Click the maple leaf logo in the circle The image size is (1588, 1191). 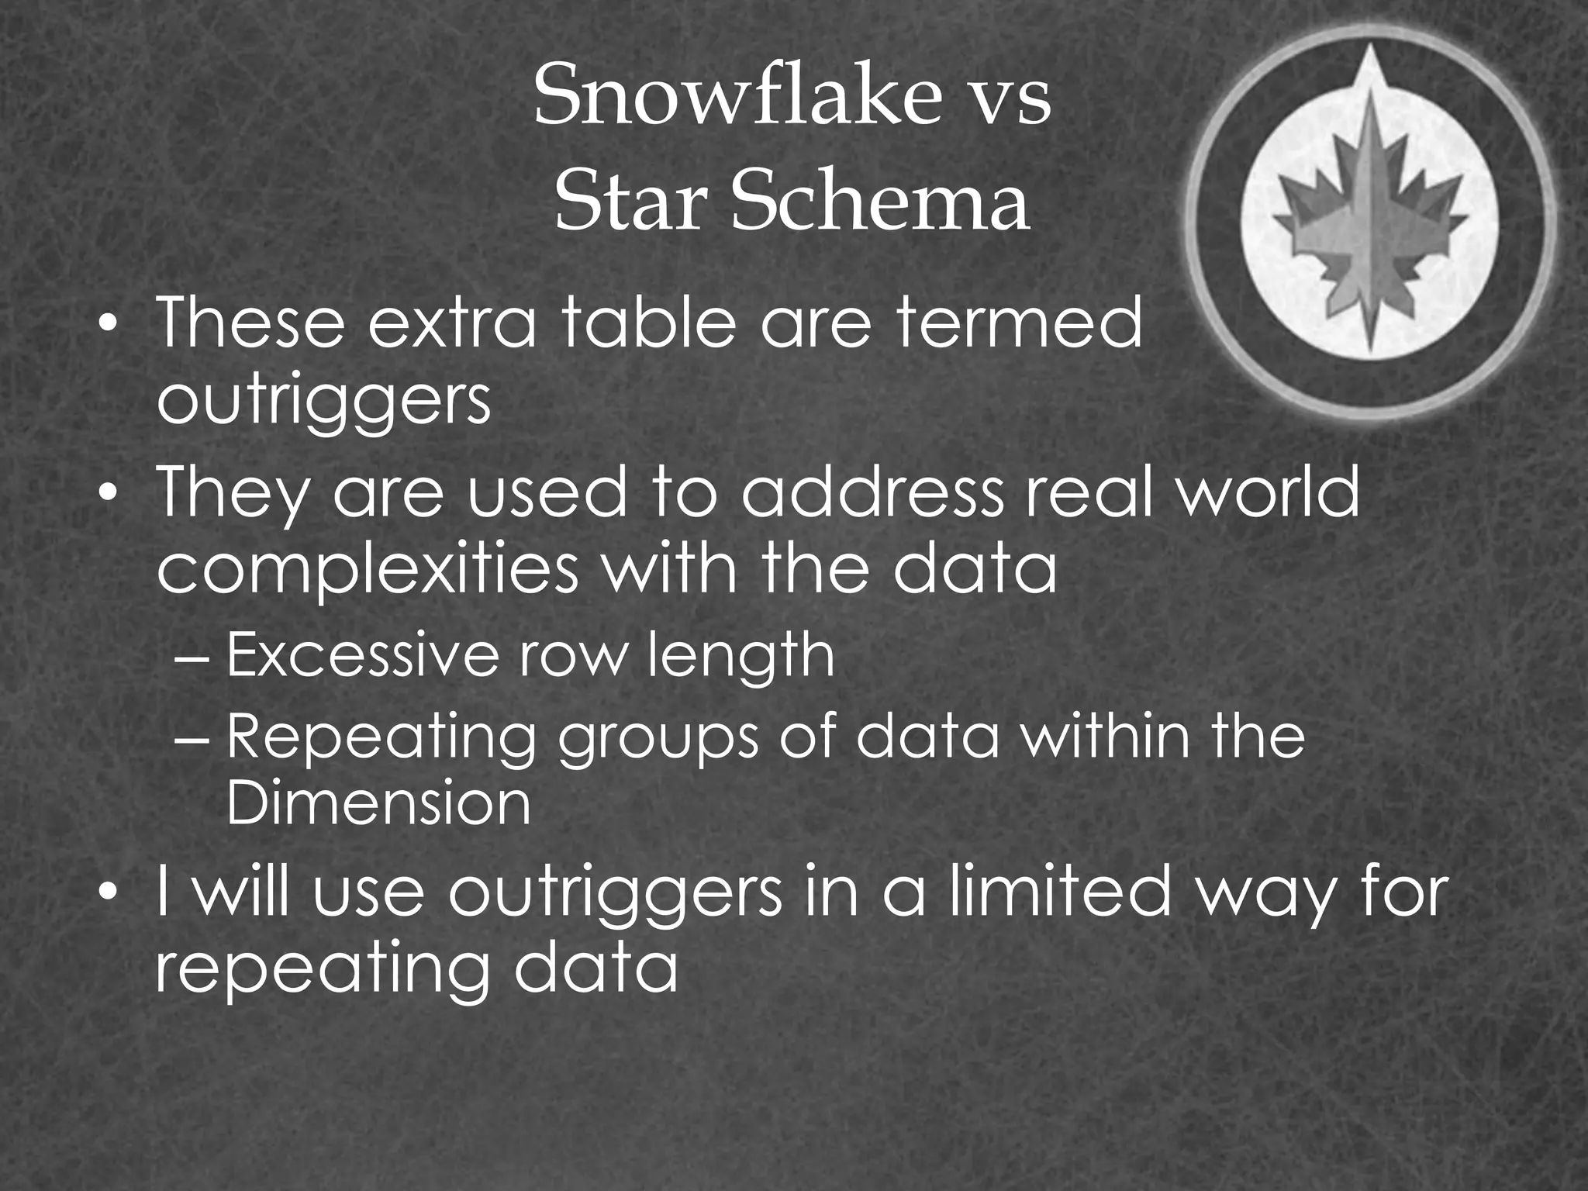click(1370, 225)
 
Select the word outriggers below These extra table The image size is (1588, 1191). click(323, 402)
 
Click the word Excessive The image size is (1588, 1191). click(361, 655)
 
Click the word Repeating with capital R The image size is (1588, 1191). click(381, 738)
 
